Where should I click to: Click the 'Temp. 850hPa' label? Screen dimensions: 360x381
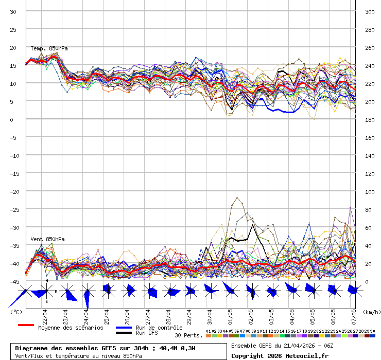pyautogui.click(x=49, y=49)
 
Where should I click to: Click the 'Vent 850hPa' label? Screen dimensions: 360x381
pyautogui.click(x=47, y=239)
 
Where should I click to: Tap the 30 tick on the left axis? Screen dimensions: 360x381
pyautogui.click(x=13, y=11)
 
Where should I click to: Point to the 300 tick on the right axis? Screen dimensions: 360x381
pyautogui.click(x=369, y=11)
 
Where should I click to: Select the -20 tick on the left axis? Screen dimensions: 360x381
pyautogui.click(x=13, y=191)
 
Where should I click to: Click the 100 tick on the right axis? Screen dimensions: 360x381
pyautogui.click(x=369, y=191)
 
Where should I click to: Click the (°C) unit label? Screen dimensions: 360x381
pyautogui.click(x=16, y=312)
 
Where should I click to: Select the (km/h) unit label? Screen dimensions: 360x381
pyautogui.click(x=371, y=312)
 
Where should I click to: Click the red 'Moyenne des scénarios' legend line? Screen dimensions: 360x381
pyautogui.click(x=26, y=326)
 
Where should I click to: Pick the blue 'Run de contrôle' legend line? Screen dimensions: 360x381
pyautogui.click(x=124, y=328)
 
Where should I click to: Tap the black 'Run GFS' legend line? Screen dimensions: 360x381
pyautogui.click(x=124, y=333)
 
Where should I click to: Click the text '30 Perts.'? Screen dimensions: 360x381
pyautogui.click(x=188, y=335)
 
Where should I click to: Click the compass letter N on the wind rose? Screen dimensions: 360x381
pyautogui.click(x=46, y=281)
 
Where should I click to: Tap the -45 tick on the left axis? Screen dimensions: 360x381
pyautogui.click(x=13, y=281)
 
